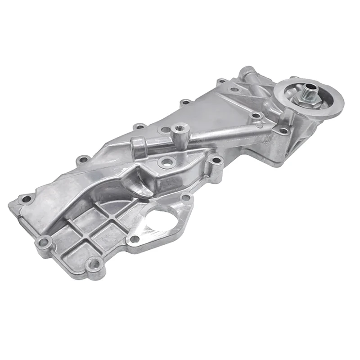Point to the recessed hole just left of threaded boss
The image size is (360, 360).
(x=165, y=130)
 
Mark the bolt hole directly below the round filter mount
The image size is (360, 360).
(x=283, y=131)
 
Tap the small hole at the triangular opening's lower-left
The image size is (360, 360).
(x=133, y=238)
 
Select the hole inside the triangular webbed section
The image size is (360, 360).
(x=234, y=90)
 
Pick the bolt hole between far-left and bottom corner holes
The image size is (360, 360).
(x=44, y=243)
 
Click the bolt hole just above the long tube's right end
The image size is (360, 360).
(x=256, y=116)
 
